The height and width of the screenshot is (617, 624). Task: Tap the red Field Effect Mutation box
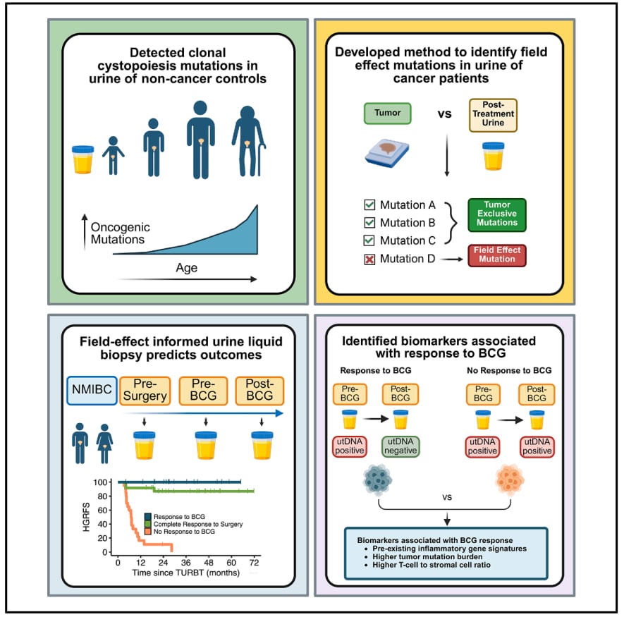[497, 255]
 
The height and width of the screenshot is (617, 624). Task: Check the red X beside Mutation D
[369, 259]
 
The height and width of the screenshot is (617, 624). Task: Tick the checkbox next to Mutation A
[369, 205]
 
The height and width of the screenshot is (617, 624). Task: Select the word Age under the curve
[187, 268]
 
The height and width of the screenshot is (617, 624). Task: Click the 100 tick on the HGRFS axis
[104, 482]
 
